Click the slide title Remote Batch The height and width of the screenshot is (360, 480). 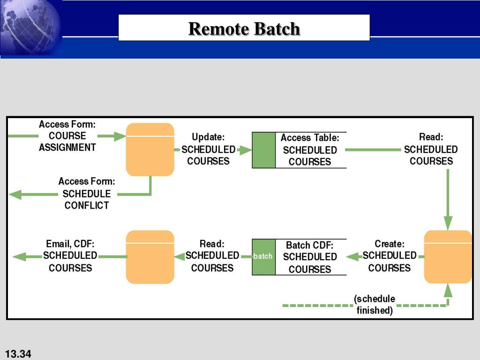point(244,29)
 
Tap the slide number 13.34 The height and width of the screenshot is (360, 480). point(18,354)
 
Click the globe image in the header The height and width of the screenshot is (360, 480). point(30,28)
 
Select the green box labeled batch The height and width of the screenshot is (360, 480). point(263,256)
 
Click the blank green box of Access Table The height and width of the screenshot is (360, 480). point(263,150)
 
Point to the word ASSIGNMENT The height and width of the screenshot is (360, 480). point(67,147)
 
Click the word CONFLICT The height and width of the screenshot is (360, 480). point(87,205)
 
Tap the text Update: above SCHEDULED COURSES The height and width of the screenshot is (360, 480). point(208,137)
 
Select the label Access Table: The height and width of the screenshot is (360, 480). point(310,138)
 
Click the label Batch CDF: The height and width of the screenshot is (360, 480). point(309,245)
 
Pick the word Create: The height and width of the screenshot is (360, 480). point(390,244)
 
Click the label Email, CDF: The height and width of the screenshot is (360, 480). point(70,244)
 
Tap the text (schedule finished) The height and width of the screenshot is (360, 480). point(375,304)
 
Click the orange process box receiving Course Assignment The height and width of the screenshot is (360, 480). point(150,150)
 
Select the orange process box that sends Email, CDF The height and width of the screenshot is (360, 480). point(150,256)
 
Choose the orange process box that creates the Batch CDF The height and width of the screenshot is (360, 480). point(448,256)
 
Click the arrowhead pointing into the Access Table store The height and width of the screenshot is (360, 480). point(245,150)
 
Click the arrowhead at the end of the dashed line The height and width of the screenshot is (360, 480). point(448,290)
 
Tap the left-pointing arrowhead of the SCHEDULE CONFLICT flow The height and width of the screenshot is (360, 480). point(15,195)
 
